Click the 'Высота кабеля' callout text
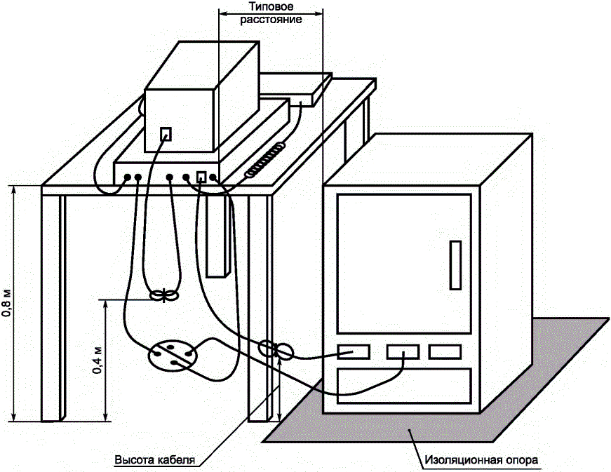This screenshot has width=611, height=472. click(x=154, y=460)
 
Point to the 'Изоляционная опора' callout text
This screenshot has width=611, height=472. click(x=482, y=461)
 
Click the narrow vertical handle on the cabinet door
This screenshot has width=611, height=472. click(x=454, y=264)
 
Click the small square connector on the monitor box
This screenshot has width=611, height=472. click(x=166, y=133)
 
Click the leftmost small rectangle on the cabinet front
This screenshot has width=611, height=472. click(x=353, y=351)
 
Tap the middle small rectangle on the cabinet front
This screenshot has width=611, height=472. click(x=403, y=351)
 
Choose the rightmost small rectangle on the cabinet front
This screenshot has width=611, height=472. click(x=445, y=351)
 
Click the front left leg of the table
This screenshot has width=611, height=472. click(x=53, y=309)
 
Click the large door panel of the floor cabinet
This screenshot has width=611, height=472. click(x=403, y=263)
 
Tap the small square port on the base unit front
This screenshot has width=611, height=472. click(x=201, y=177)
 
